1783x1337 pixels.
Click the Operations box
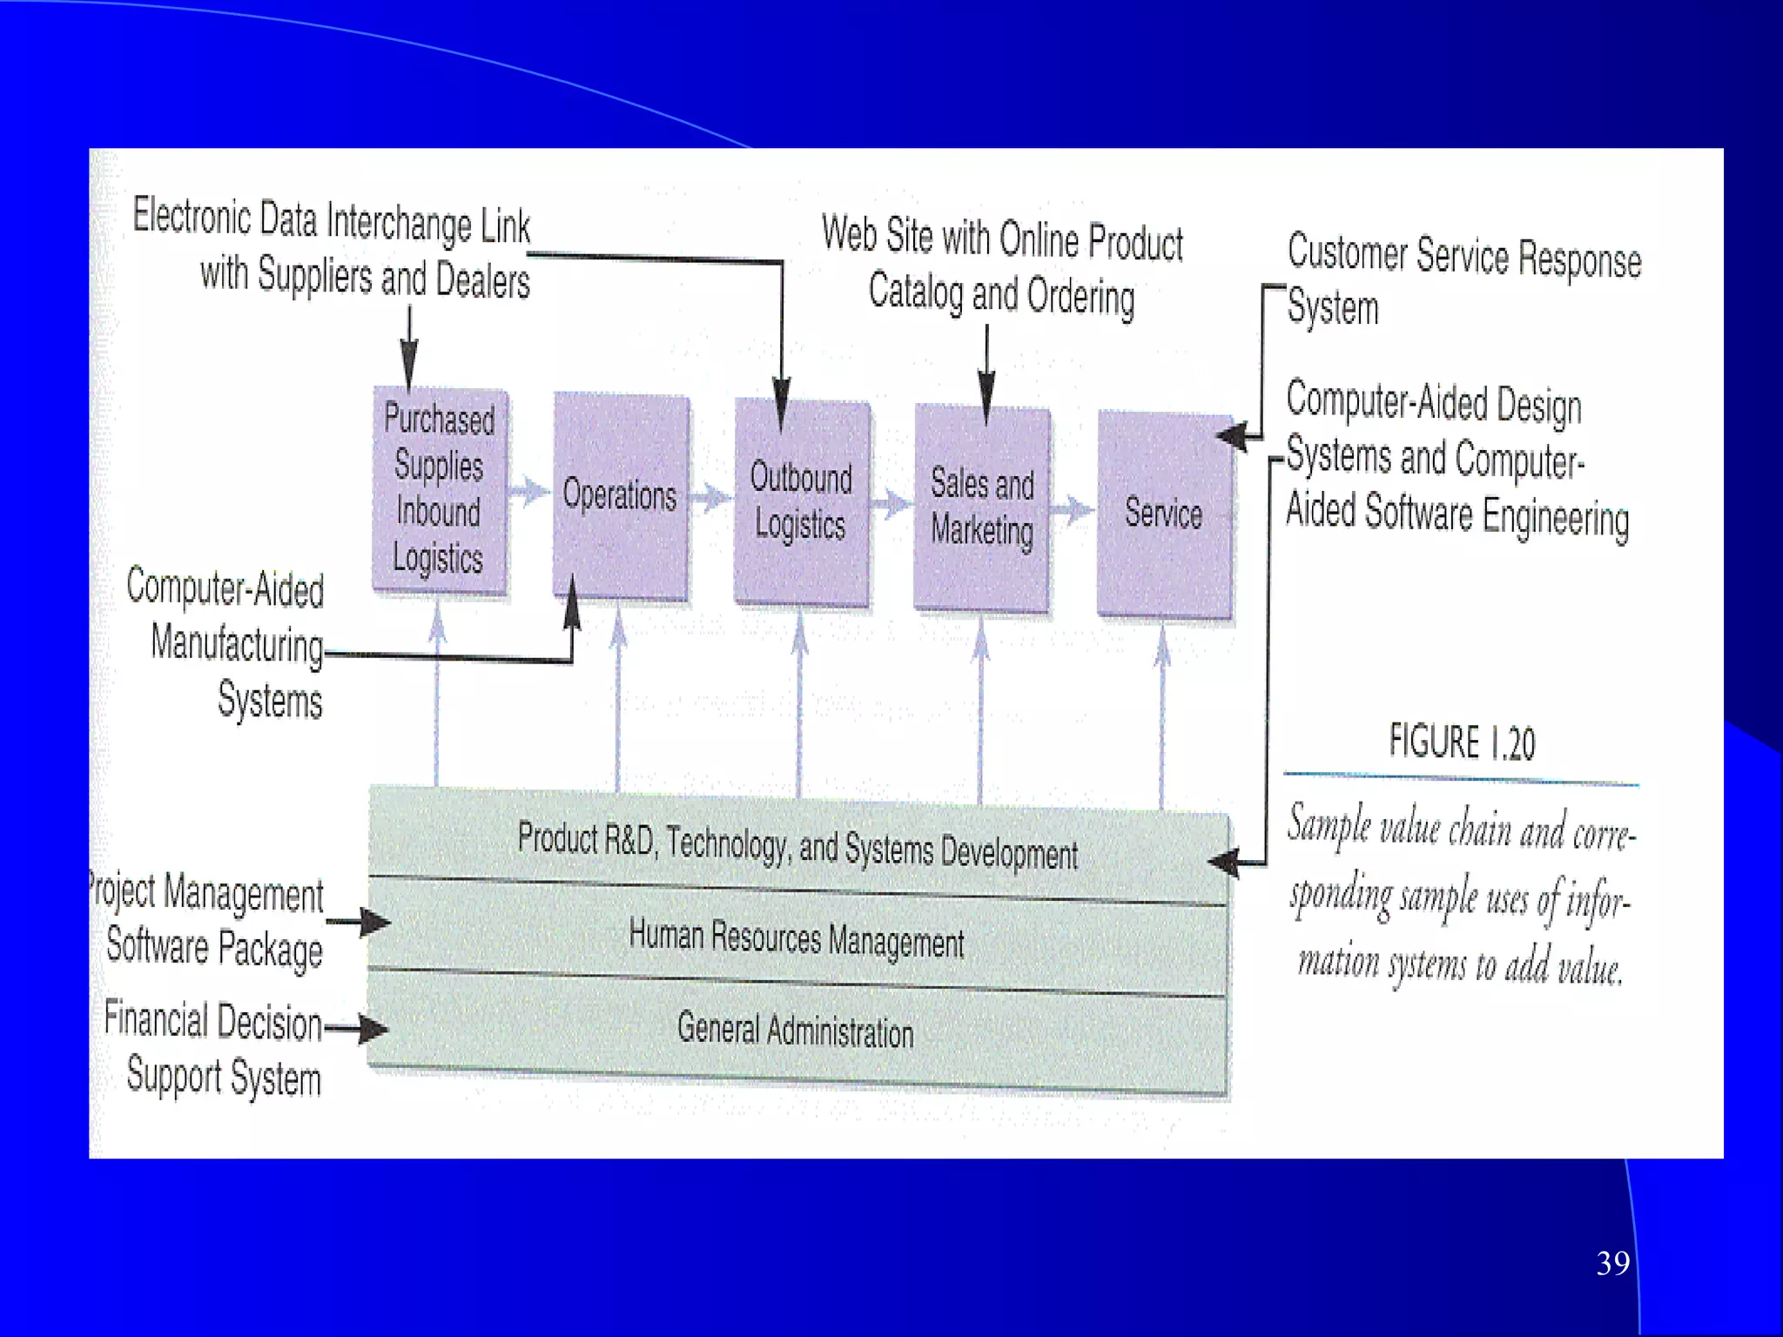pos(620,496)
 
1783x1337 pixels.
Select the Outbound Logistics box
pos(801,502)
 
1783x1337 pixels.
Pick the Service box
pos(1164,514)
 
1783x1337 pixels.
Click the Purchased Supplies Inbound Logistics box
pos(440,490)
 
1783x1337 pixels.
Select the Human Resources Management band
pos(797,939)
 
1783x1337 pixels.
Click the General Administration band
pos(796,1031)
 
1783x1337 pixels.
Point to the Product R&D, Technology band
pos(797,844)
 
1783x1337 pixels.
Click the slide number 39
pos(1612,1263)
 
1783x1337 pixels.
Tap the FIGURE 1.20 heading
pos(1462,742)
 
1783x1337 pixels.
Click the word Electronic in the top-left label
pos(192,216)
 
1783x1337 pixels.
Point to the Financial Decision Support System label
pos(214,1048)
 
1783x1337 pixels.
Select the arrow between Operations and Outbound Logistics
pos(711,498)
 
